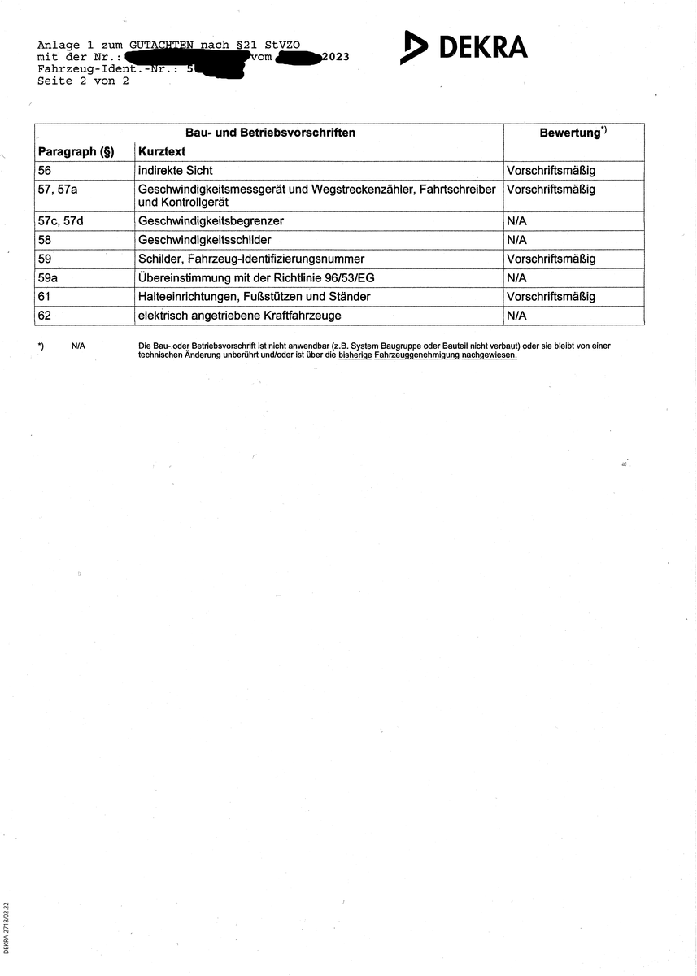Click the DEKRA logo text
point(483,47)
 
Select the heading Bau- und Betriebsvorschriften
point(270,132)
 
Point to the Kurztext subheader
point(162,152)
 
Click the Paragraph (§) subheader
point(76,152)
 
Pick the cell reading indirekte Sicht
point(176,171)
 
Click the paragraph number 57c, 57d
point(67,221)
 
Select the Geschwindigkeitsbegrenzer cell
point(211,221)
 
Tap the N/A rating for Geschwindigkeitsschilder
point(516,240)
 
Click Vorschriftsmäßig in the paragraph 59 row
point(551,259)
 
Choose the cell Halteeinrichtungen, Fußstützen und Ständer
point(254,296)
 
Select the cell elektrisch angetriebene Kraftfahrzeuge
point(239,315)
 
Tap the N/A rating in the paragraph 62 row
point(516,315)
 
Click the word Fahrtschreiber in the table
point(457,190)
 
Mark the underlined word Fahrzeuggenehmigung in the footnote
point(416,355)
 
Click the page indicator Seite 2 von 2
point(83,81)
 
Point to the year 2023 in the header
point(335,58)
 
